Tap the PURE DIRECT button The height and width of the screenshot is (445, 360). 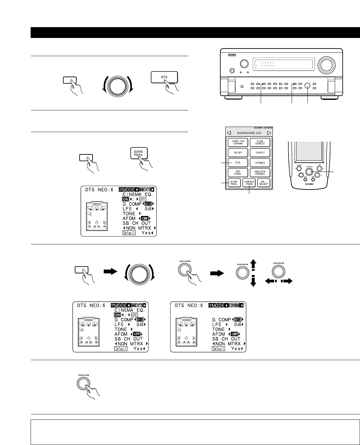(x=260, y=142)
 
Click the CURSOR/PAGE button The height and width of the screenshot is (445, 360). (x=249, y=183)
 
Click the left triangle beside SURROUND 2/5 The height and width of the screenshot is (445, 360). (x=229, y=133)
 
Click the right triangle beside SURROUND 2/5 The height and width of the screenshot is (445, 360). (x=269, y=133)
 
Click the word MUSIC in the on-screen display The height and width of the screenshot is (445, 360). (x=234, y=305)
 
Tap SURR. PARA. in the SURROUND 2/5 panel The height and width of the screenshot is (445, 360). (x=235, y=183)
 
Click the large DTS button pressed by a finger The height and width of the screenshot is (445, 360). (x=164, y=78)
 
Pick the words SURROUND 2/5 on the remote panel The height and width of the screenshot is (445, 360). (x=249, y=133)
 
